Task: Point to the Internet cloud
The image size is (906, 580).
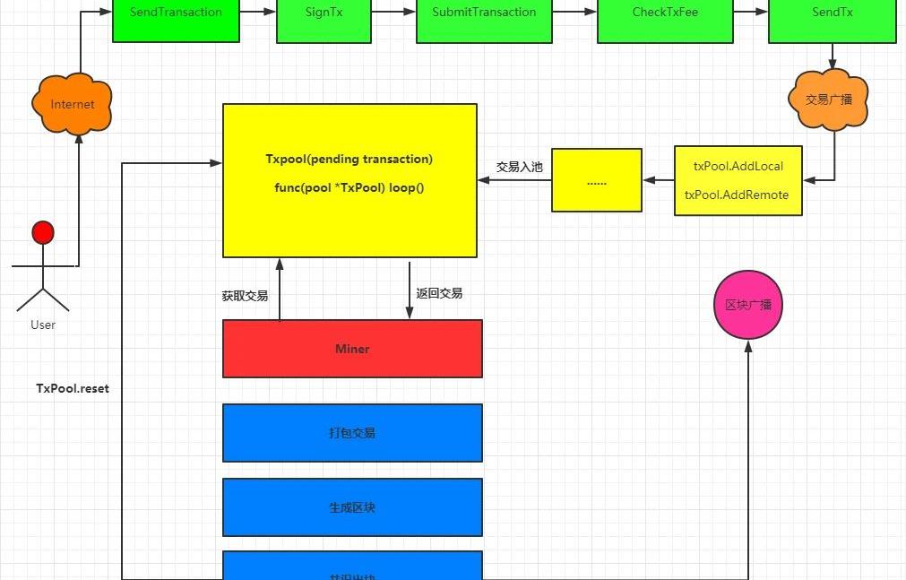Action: click(x=73, y=104)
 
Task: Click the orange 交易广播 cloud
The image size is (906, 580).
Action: click(x=829, y=100)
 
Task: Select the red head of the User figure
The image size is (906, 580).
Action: click(x=43, y=233)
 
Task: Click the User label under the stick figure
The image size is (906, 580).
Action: click(x=43, y=325)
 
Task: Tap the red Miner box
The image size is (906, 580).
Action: click(x=352, y=349)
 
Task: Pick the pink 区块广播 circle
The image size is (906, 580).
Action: click(x=748, y=305)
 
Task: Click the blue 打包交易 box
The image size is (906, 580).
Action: click(x=352, y=433)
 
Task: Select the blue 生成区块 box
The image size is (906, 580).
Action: click(x=352, y=507)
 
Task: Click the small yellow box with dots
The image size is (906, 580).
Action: click(x=597, y=180)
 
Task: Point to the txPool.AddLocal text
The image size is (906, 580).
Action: click(x=738, y=167)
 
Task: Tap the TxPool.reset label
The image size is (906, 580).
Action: click(x=73, y=389)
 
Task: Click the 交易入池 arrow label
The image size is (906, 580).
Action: click(x=520, y=167)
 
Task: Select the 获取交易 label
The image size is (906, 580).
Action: click(x=245, y=295)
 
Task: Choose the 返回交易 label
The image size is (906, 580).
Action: click(x=439, y=293)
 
